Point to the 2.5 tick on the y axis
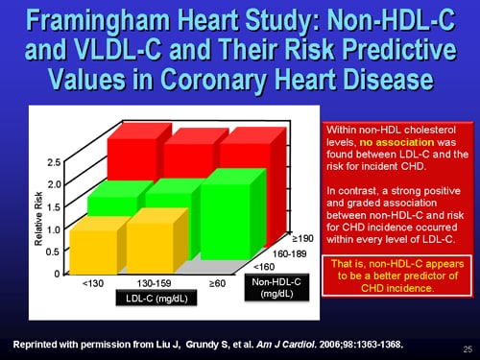54,163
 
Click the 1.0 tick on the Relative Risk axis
54,230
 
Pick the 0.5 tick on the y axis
54,252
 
